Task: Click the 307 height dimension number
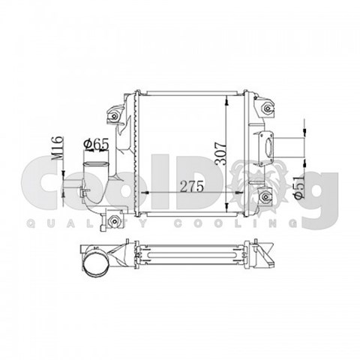coord(221,154)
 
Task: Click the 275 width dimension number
coord(191,186)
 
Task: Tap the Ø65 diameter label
coord(97,145)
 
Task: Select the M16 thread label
coord(57,148)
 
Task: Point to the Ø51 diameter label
coord(300,187)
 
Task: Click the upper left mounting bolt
coord(114,116)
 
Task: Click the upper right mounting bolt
coord(268,108)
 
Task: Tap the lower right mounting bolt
coord(265,197)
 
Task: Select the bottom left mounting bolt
coord(114,221)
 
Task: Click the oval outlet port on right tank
coord(269,148)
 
